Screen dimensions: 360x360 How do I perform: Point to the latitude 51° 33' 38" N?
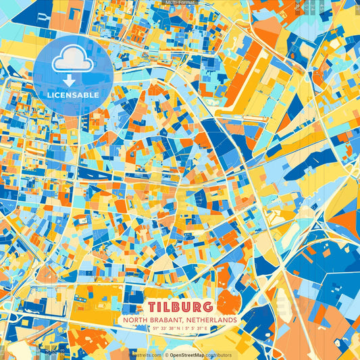[159, 328]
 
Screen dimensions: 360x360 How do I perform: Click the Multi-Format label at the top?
[179, 3]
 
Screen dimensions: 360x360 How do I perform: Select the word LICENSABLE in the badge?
[73, 95]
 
